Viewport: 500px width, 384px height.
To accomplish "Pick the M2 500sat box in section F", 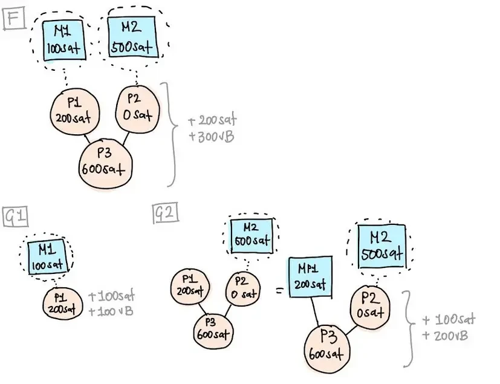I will [133, 36].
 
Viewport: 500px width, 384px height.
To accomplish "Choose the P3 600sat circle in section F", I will [105, 161].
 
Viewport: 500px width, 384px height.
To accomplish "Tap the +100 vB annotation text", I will [111, 311].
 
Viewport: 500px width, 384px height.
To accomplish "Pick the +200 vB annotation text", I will [448, 334].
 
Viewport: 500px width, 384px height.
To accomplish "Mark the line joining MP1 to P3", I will [315, 312].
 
